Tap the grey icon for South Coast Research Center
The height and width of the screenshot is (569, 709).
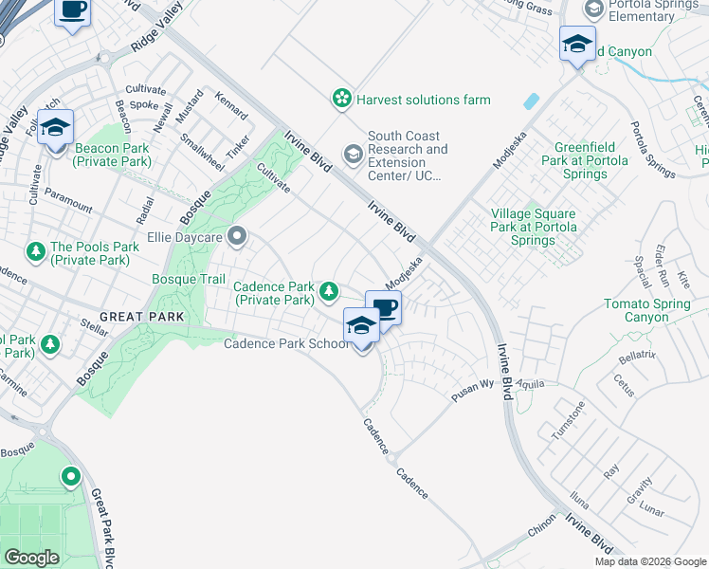[x=353, y=153]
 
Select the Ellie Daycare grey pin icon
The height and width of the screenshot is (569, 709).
[x=237, y=234]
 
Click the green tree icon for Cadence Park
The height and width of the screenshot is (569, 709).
[x=329, y=291]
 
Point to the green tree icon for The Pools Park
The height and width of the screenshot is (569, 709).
[x=35, y=251]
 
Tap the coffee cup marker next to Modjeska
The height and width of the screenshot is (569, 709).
[x=384, y=308]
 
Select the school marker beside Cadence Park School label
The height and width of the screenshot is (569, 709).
[x=361, y=326]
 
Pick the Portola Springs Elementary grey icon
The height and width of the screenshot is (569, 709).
[x=594, y=9]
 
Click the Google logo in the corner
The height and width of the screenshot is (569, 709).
[x=32, y=558]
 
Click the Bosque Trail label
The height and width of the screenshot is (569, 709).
[x=189, y=279]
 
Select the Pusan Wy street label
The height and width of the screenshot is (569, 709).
[x=473, y=391]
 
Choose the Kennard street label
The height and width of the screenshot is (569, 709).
[x=231, y=106]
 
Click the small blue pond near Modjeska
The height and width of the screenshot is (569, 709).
[x=530, y=101]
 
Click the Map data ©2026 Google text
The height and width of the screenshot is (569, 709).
[x=650, y=561]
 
